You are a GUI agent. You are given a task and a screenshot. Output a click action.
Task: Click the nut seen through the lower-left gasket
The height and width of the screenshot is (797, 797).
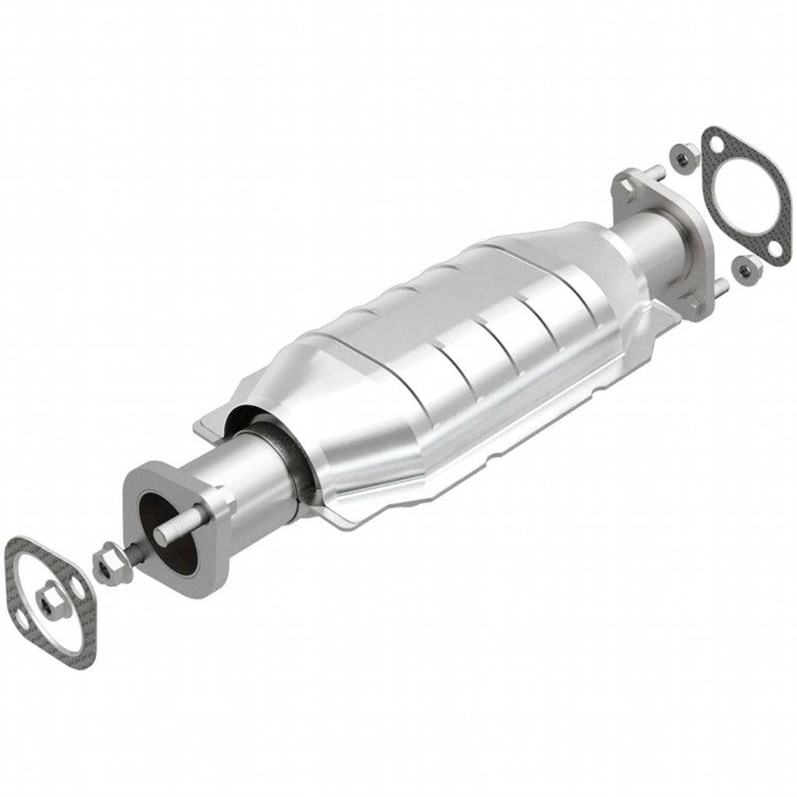point(49,599)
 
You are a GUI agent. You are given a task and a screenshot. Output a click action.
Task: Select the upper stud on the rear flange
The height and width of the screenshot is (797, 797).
point(656,173)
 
